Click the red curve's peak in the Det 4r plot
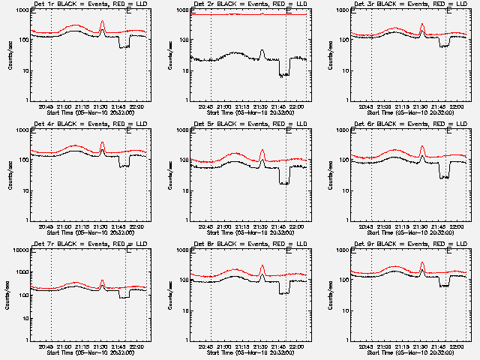point(102,142)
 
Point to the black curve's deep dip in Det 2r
point(283,75)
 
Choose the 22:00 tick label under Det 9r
point(459,347)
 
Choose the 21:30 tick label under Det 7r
point(102,347)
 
